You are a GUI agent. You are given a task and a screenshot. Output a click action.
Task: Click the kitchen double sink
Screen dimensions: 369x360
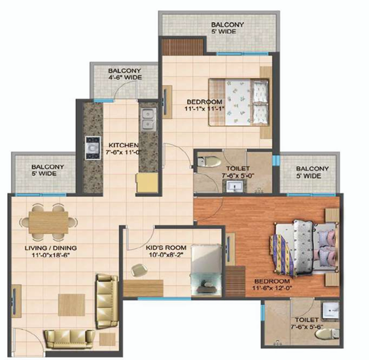point(148,119)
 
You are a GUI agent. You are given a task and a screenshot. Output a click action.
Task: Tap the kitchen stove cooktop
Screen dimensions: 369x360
point(93,148)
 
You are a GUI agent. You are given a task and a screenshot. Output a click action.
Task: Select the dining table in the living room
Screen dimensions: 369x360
point(48,223)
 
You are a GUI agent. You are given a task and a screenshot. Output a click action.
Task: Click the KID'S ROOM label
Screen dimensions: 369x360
point(166,247)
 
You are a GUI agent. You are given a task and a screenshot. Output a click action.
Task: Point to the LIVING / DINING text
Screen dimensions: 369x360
point(51,247)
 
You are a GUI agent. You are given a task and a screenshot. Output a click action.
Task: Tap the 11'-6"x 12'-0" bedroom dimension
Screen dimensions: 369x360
point(272,288)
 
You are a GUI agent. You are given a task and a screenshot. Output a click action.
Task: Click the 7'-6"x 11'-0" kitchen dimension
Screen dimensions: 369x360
point(123,152)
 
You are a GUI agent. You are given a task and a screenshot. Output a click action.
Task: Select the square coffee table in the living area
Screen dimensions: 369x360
point(71,304)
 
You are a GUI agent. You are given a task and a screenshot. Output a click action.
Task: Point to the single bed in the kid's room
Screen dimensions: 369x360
point(206,270)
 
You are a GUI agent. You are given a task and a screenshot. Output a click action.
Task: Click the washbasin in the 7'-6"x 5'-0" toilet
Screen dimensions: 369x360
point(234,187)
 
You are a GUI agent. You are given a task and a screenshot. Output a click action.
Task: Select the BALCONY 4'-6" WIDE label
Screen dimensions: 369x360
point(125,74)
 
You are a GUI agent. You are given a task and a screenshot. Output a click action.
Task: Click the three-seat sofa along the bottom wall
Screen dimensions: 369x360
point(69,339)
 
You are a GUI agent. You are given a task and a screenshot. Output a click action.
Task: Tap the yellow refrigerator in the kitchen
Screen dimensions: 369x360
point(148,183)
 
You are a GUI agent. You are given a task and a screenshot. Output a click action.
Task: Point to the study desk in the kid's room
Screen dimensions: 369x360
point(143,288)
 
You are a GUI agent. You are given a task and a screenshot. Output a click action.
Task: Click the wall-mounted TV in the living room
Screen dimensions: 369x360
point(14,301)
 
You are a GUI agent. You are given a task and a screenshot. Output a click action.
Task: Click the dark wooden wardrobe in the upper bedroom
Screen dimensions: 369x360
point(183,47)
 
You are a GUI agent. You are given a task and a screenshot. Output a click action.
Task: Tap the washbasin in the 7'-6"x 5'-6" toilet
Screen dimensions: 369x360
point(330,310)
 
